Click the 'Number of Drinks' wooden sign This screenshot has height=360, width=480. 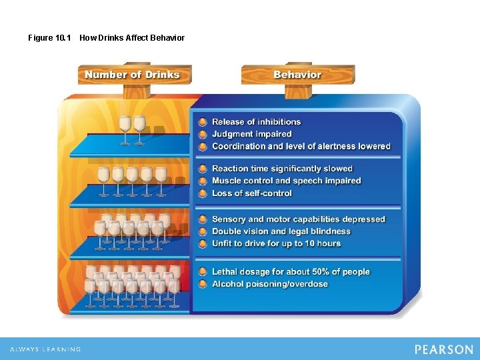(x=133, y=75)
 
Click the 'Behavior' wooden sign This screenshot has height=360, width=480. (x=297, y=75)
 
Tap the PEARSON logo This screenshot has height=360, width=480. (x=443, y=349)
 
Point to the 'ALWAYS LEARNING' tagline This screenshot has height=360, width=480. (x=45, y=349)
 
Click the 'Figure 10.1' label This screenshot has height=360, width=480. (x=49, y=38)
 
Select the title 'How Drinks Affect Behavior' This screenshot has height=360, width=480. (x=132, y=38)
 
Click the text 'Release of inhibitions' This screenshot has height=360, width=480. (x=256, y=122)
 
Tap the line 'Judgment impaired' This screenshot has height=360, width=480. (x=252, y=134)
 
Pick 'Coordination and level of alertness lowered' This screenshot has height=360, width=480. (x=301, y=146)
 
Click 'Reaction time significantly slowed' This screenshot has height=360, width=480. (x=282, y=169)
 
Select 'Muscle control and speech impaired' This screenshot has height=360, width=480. (x=287, y=181)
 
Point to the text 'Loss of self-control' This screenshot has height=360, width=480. (x=252, y=193)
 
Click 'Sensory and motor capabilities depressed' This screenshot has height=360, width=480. (x=299, y=219)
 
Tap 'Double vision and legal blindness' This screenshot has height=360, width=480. (x=281, y=231)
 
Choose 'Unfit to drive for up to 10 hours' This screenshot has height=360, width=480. (x=277, y=243)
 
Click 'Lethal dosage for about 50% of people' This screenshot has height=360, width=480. (x=291, y=272)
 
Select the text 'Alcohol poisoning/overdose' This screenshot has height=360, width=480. (x=270, y=284)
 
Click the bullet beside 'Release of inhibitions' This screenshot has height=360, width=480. (x=203, y=122)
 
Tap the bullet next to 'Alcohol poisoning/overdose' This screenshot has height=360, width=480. (x=203, y=284)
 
